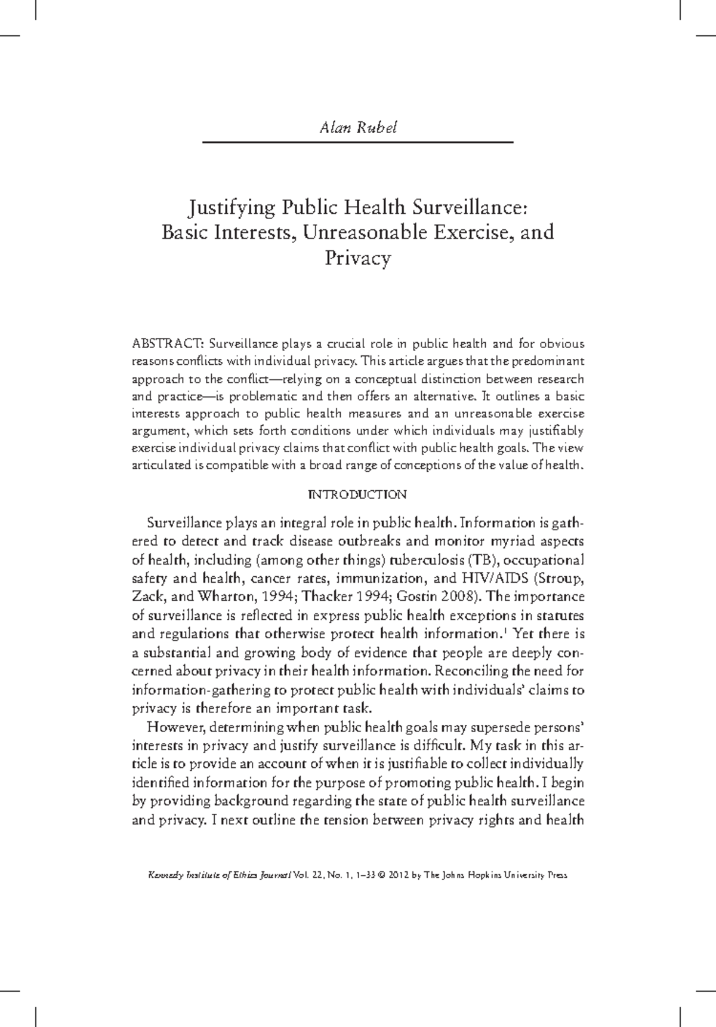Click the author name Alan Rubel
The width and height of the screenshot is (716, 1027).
[x=358, y=128]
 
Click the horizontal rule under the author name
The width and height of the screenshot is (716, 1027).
[x=358, y=142]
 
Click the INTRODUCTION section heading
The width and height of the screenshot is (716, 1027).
[x=357, y=495]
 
